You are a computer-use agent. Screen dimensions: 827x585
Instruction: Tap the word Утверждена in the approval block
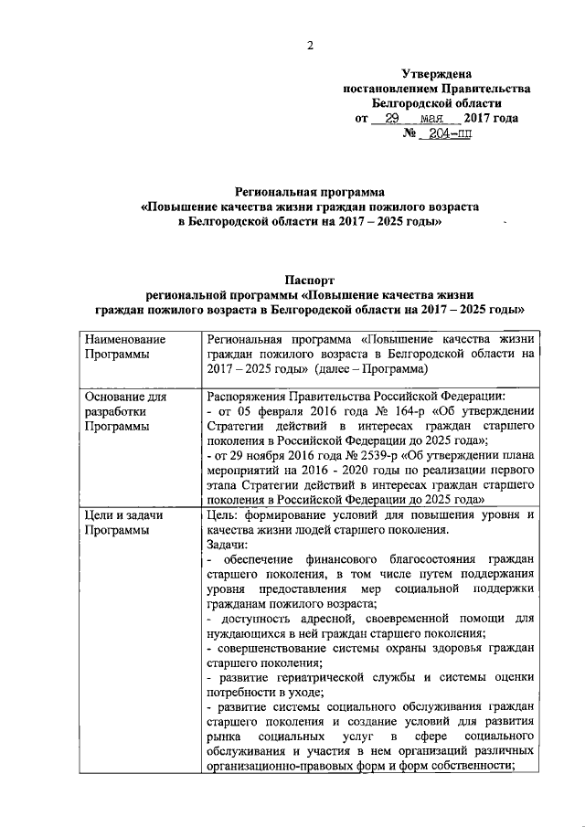436,74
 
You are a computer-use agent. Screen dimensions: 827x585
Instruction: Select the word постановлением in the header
385,89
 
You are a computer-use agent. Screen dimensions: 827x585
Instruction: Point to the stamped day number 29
390,119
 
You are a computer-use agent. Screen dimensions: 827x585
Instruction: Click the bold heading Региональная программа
310,194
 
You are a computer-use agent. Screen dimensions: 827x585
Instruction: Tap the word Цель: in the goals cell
224,514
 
